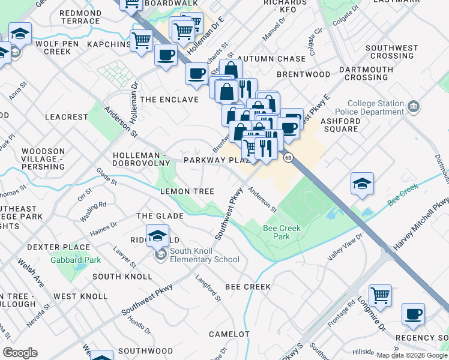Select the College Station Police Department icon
pos(413,107)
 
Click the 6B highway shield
pos(289,158)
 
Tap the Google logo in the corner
pos(20,353)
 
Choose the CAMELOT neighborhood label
pos(229,334)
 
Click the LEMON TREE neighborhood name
pos(187,191)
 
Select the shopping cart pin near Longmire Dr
pos(380,295)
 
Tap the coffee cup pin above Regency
pos(412,314)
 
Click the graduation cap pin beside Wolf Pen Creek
pos(20,35)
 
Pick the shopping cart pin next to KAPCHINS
pos(141,41)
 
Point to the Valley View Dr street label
pos(345,246)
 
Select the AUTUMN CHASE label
pos(271,59)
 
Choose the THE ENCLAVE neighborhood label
pos(169,99)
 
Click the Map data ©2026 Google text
pos(411,355)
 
